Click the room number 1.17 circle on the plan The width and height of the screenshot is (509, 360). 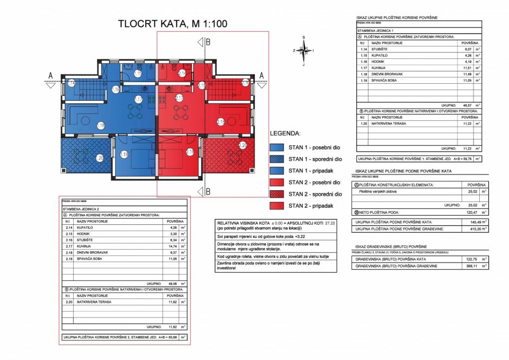[x=138, y=99]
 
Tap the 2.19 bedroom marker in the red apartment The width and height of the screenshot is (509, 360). [x=190, y=152]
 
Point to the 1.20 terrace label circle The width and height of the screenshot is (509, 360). [x=99, y=157]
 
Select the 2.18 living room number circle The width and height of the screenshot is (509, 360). [x=221, y=122]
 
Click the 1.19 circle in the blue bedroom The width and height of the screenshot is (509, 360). [x=124, y=154]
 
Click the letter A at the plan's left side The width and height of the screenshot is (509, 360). [x=50, y=75]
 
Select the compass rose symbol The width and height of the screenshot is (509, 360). [x=304, y=50]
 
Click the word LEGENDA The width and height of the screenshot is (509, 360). [x=285, y=133]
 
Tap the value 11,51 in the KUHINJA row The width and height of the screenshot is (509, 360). [x=467, y=67]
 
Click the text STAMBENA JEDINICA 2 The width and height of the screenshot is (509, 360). [x=81, y=209]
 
